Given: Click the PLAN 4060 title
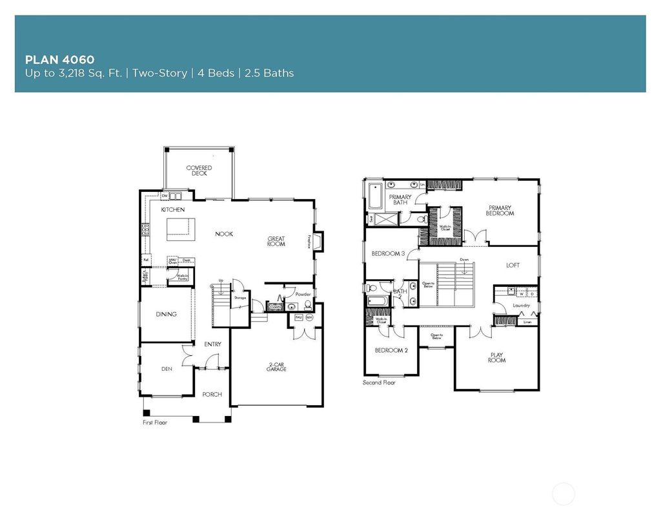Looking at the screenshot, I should point(59,59).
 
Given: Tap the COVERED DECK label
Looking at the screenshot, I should point(199,171).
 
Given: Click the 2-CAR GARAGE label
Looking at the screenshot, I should point(276,368).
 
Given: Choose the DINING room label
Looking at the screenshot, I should point(166,315).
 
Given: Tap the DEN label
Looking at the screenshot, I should point(166,370).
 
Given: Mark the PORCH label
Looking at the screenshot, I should point(212,394).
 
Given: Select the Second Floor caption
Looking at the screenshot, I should point(380,382).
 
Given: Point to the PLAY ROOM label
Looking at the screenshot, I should point(496,357).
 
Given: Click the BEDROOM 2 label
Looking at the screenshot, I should point(391,350).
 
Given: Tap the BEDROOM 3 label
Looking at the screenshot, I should point(388,254).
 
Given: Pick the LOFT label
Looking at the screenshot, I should point(513,265).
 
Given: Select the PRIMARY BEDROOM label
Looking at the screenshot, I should point(500,211).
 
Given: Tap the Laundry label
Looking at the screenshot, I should point(521,306).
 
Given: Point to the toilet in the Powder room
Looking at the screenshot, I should point(308,306).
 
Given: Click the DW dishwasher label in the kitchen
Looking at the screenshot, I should point(165,196).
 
